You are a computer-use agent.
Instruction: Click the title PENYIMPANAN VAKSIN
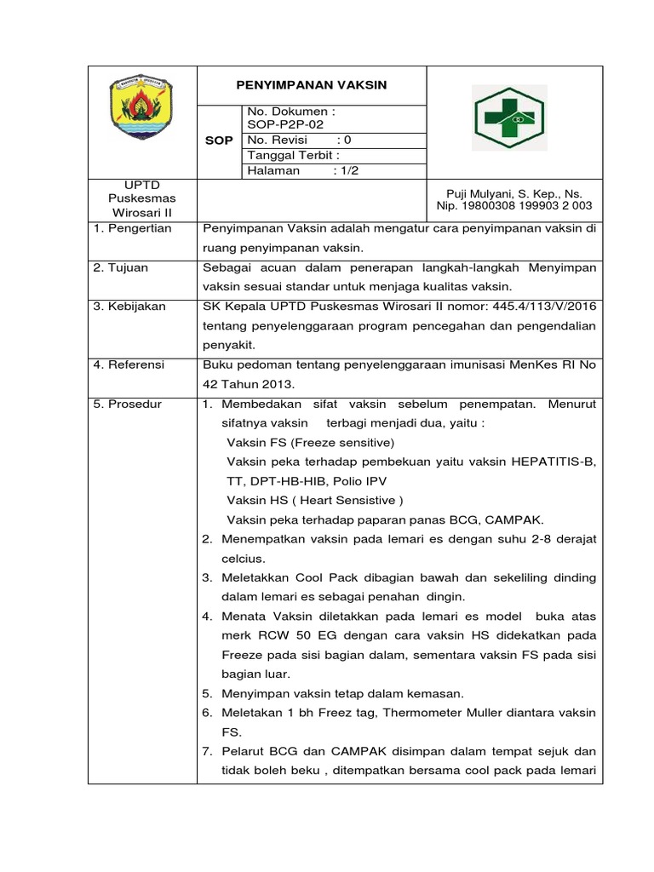[311, 85]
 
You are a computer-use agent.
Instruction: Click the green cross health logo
[510, 118]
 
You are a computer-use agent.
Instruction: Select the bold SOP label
[219, 141]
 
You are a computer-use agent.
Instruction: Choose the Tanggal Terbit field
[294, 155]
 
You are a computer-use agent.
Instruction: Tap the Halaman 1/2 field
[290, 170]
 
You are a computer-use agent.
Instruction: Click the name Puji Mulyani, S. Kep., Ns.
[514, 194]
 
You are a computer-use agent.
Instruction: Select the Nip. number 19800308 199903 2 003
[514, 206]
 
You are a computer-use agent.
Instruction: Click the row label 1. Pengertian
[133, 228]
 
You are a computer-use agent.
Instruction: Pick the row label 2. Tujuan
[122, 267]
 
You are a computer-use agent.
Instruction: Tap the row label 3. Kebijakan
[130, 306]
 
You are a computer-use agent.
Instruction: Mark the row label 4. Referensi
[130, 364]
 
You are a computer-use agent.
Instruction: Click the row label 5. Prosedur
[128, 404]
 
